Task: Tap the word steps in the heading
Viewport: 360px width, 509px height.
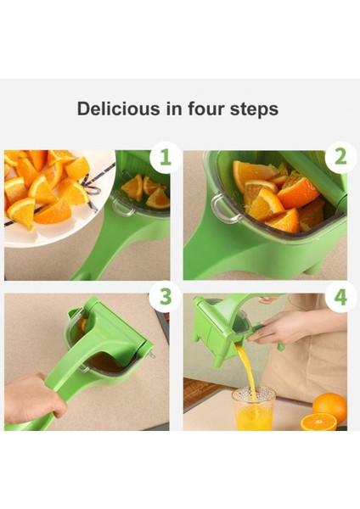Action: click(255, 109)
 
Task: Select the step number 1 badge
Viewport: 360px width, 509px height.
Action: click(166, 157)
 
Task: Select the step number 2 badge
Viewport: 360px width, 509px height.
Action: click(340, 157)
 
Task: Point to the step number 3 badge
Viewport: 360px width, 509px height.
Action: click(165, 296)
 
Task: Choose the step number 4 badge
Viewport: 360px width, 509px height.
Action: click(340, 297)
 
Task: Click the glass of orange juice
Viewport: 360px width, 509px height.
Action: click(253, 408)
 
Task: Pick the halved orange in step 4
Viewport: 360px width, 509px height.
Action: click(318, 422)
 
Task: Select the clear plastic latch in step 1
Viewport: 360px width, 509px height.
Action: click(122, 207)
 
